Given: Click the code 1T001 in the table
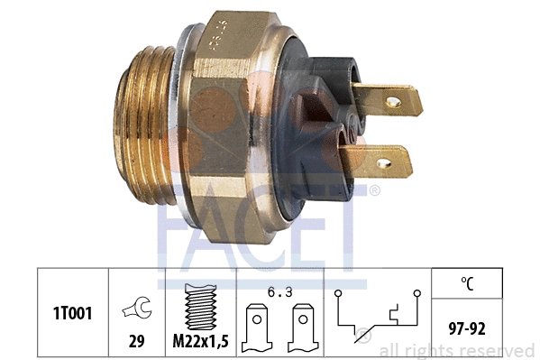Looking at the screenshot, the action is tap(73, 313).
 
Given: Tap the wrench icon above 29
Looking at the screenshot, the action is tap(137, 308).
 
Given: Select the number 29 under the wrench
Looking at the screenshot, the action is tap(137, 341).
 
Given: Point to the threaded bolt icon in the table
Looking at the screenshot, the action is tap(201, 307).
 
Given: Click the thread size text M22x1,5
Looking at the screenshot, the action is tap(200, 341).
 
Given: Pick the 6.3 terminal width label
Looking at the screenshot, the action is tap(280, 292).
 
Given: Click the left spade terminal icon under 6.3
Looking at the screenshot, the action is tap(257, 328).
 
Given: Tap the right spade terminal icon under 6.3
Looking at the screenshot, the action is tap(303, 328).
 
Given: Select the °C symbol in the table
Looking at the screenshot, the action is tap(467, 283).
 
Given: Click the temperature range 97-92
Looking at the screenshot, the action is tap(467, 328).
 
